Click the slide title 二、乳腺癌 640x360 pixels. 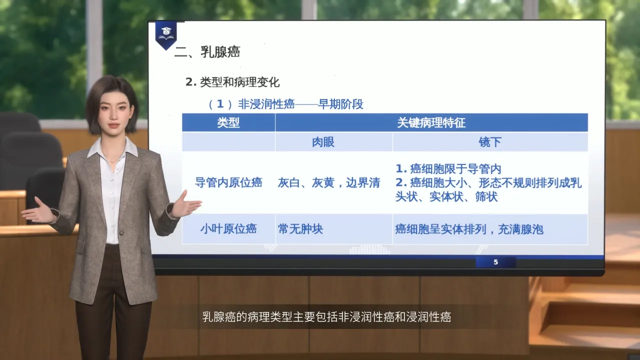click(207, 52)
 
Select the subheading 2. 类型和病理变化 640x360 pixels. click(232, 82)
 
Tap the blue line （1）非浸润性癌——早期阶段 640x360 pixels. click(285, 104)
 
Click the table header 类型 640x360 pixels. click(228, 123)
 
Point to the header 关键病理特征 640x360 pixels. click(431, 123)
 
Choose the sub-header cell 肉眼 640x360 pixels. click(323, 142)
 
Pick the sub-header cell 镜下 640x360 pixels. click(490, 142)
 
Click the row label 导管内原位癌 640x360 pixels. click(228, 182)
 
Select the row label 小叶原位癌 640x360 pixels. click(228, 229)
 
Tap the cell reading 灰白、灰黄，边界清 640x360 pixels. click(329, 183)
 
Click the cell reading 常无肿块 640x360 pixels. click(300, 229)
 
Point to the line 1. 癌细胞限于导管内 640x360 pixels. click(448, 169)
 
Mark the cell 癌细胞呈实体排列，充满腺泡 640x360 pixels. click(469, 229)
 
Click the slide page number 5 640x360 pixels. click(495, 262)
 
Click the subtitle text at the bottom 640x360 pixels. click(326, 317)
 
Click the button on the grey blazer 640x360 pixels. click(121, 233)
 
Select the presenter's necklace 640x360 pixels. click(113, 160)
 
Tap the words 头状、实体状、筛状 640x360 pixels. click(446, 196)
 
